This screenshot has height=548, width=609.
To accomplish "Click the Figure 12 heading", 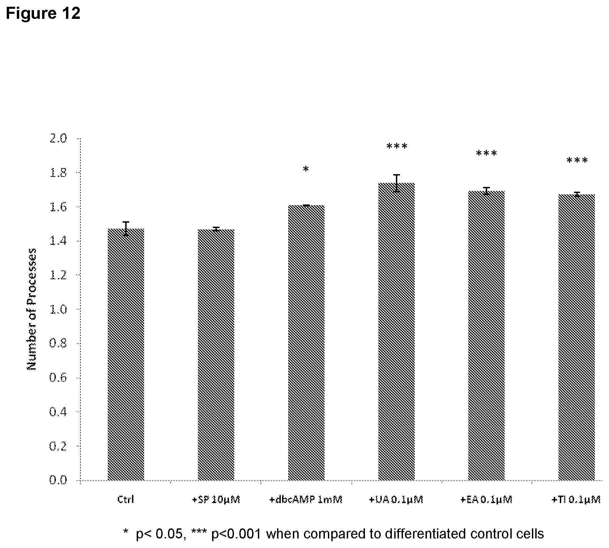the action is tap(43, 13).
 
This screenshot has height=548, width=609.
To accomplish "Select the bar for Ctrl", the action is tap(126, 354).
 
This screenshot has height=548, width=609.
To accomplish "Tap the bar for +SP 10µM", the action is tap(216, 355).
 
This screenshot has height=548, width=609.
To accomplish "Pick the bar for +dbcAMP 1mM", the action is tap(306, 343).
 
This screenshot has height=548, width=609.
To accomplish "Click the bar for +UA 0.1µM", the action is tap(397, 331).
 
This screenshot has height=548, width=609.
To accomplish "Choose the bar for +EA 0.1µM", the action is tap(486, 335).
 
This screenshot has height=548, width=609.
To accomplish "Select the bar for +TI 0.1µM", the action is tap(577, 337).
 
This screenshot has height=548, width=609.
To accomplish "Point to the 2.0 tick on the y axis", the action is tap(58, 138).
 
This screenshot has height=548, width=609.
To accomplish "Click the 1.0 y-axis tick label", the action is tap(58, 309).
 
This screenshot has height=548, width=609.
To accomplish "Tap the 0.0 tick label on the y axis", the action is tap(58, 480).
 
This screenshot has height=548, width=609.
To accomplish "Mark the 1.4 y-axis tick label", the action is tap(58, 241).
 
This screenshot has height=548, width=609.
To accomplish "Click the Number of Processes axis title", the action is tap(31, 309).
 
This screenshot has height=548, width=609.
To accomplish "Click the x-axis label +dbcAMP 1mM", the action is tap(306, 499).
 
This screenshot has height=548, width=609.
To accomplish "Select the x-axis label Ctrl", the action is tap(126, 499).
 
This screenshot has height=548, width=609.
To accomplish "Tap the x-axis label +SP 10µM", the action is tap(216, 499).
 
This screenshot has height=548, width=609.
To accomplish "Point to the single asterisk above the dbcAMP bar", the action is tap(306, 169).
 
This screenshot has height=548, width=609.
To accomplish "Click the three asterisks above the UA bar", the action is tap(397, 146).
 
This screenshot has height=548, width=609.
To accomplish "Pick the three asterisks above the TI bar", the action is tap(577, 160).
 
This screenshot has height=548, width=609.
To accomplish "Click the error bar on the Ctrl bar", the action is tap(126, 229).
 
